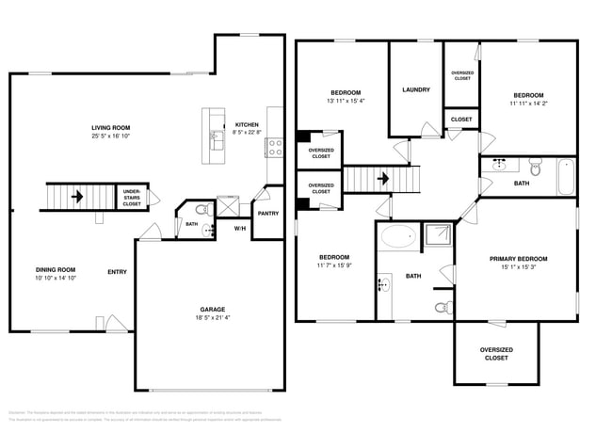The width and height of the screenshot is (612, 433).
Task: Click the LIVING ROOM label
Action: pos(110,127)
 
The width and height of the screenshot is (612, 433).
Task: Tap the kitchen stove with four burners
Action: pos(276,146)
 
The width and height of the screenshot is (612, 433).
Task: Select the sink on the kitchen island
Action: pos(214,141)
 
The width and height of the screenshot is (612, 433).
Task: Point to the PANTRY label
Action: pos(268,213)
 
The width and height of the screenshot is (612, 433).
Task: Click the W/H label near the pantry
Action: pos(239,228)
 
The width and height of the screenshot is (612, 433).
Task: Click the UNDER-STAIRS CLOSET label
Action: pos(132,198)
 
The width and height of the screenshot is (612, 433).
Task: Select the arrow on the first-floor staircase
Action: pos(75,198)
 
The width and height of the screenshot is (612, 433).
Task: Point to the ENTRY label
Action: pos(117,272)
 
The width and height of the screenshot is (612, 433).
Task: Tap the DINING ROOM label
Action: pos(56,269)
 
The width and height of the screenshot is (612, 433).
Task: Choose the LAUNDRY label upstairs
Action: pos(415,89)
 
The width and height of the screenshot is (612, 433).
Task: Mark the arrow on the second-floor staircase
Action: pos(382,176)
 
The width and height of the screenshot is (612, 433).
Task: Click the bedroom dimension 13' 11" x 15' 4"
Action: pos(346,101)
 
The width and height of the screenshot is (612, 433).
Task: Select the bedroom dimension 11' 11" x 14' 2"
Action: pos(527,104)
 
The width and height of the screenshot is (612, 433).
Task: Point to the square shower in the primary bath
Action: pos(438,235)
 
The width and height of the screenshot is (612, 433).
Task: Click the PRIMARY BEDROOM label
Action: pos(518,258)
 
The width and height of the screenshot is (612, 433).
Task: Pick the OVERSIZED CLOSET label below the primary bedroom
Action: pos(496,354)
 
